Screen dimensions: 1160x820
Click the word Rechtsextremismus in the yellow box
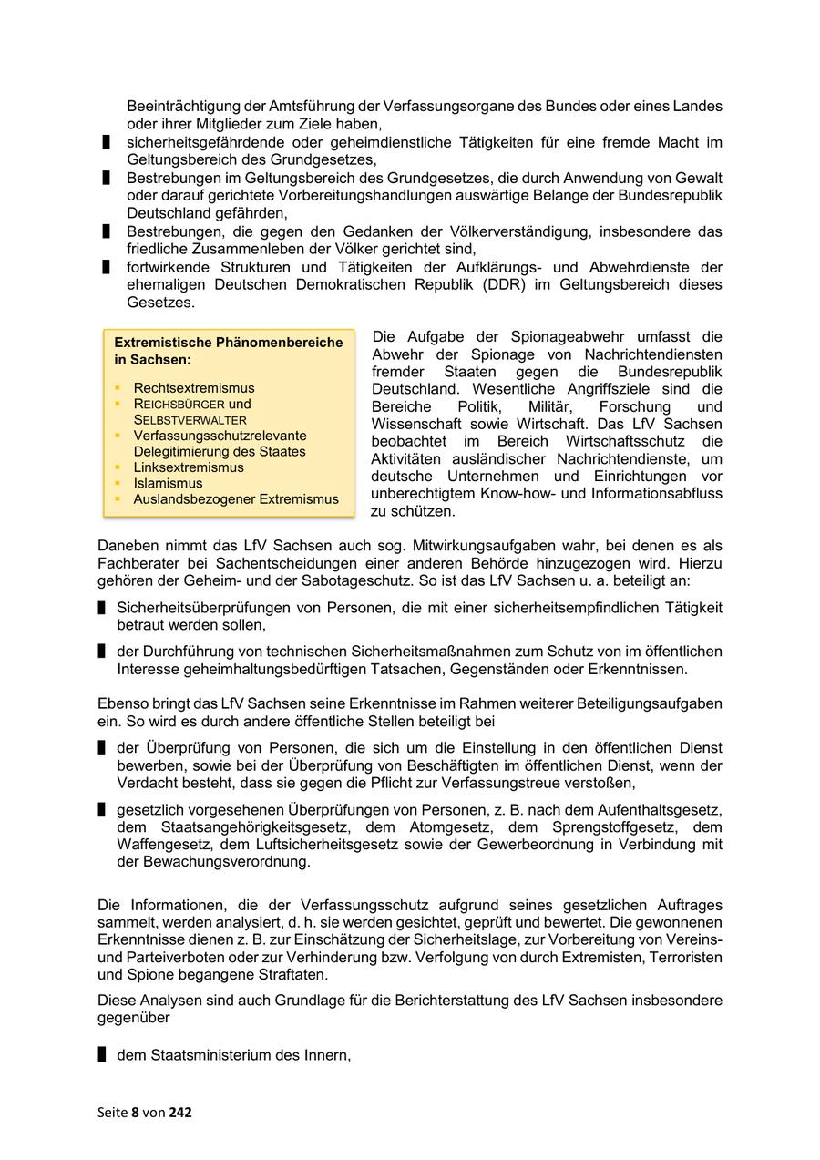(x=194, y=388)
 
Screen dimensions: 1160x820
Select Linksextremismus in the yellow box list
(x=189, y=467)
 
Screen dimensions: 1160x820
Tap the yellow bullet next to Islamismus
(x=118, y=484)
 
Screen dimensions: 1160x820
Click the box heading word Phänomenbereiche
(x=279, y=343)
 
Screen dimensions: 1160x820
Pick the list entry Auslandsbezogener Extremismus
(x=236, y=499)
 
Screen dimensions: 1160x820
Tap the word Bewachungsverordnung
(x=227, y=862)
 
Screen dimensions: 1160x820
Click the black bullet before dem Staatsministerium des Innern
(x=102, y=1055)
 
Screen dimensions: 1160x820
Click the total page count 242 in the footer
(x=180, y=1112)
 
